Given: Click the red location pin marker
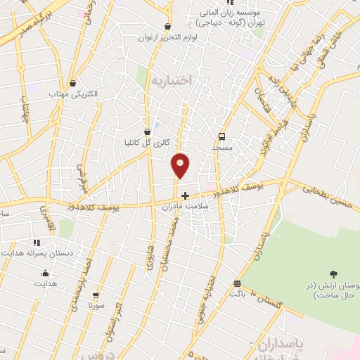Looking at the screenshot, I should tap(181, 166).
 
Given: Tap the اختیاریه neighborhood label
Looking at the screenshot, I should tap(172, 81).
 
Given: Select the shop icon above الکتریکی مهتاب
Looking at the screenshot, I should tap(73, 82).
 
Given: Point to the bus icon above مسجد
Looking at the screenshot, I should tap(222, 136).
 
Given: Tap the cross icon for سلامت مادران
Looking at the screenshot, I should tap(185, 195).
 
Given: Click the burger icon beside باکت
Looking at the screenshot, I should tap(237, 284).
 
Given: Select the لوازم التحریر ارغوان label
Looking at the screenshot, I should tap(173, 37).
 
